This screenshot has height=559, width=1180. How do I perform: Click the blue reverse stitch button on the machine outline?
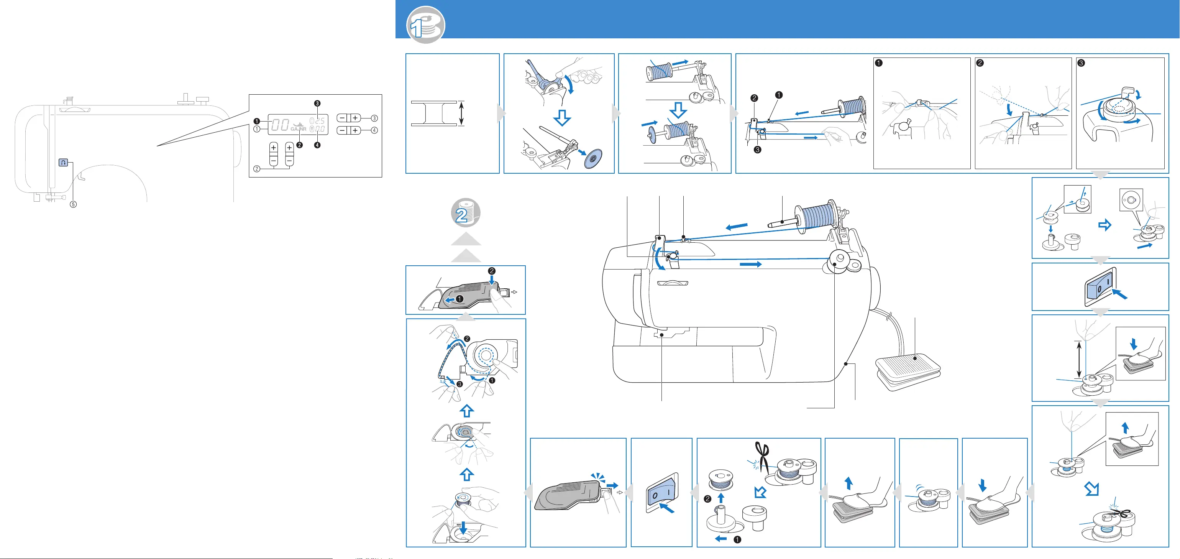tap(63, 162)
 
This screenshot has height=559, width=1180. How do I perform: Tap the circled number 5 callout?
tap(73, 204)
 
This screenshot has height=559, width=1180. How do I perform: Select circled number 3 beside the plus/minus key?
tap(374, 118)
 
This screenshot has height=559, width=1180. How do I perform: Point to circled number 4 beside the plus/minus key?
tap(374, 131)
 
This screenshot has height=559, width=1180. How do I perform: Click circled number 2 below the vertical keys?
tap(257, 169)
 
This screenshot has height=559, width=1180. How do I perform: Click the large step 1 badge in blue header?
tap(425, 25)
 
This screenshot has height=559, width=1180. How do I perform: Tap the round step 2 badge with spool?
tap(465, 213)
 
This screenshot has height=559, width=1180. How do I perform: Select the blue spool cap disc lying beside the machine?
tap(594, 158)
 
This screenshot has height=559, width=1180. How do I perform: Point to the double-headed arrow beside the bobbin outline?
tap(461, 113)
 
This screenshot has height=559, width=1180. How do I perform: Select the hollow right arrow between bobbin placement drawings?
tap(1105, 225)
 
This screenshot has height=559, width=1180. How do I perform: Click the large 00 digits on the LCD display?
tap(280, 125)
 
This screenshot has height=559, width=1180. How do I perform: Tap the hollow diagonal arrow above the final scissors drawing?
tap(1092, 489)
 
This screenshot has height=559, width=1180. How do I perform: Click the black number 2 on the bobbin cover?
tap(492, 271)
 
